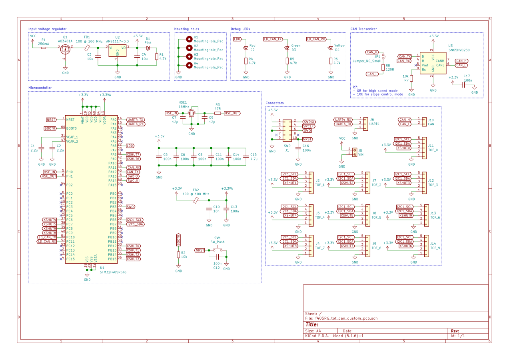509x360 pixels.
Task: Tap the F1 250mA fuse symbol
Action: tap(43, 48)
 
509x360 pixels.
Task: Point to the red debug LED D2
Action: tap(246, 48)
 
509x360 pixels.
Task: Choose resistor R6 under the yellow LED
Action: tap(330, 61)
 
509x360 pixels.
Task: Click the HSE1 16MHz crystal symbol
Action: tap(192, 113)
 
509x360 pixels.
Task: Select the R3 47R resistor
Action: tap(218, 113)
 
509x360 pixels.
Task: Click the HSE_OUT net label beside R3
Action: tap(232, 113)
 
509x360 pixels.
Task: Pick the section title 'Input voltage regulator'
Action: tap(48, 29)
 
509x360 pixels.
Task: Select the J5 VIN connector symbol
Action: tap(354, 152)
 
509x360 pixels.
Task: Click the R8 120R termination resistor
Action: tap(383, 67)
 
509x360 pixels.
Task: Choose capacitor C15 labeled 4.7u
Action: tap(245, 156)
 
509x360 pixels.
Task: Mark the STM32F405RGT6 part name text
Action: tap(113, 272)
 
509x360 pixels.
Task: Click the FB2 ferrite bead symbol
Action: tap(196, 200)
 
